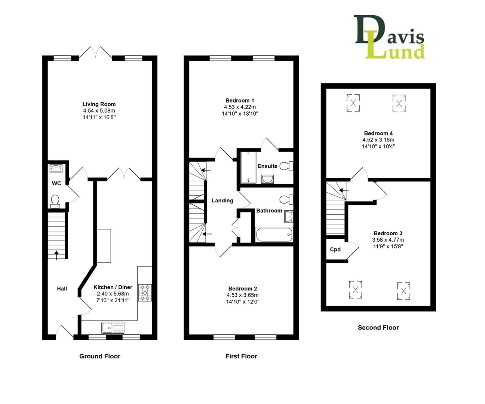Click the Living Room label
99,104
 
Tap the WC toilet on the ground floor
55,201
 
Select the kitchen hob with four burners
145,293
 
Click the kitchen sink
113,328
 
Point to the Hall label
62,288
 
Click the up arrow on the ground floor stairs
56,255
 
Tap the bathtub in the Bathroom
274,235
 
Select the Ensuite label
267,166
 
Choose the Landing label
222,201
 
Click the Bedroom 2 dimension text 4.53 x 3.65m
243,295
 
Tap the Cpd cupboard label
335,250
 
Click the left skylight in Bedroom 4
353,103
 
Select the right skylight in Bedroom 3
403,291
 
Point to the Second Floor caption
378,328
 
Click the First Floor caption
241,356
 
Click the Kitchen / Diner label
113,287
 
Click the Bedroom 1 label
240,101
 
